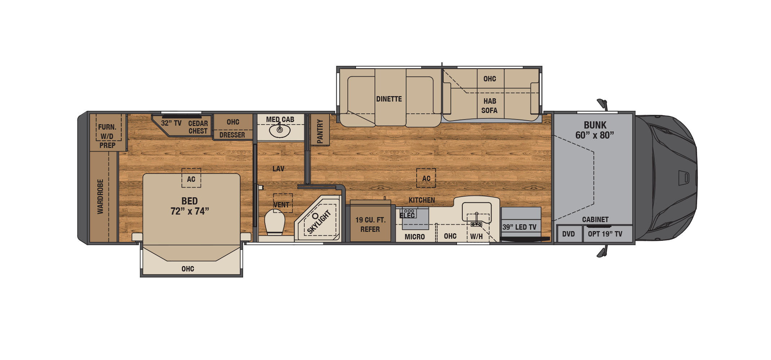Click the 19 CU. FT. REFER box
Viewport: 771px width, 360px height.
371,224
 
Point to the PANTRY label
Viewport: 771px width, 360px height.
320,131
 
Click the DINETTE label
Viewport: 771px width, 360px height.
389,99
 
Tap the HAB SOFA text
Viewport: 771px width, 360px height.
489,106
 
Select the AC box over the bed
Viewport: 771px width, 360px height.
191,178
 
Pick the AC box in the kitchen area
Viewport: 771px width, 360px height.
426,178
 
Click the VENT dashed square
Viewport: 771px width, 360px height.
283,203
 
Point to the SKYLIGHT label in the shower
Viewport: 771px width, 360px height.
319,222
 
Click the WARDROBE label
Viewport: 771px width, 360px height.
100,197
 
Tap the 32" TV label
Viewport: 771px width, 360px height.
171,123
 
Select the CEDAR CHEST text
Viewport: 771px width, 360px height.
198,127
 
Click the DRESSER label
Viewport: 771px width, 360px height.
232,135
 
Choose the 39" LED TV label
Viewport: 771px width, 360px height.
519,227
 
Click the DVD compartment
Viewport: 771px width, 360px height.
569,234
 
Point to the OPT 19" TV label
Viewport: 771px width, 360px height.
605,234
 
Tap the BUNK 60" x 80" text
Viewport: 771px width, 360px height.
595,130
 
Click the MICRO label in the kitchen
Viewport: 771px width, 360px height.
414,237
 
